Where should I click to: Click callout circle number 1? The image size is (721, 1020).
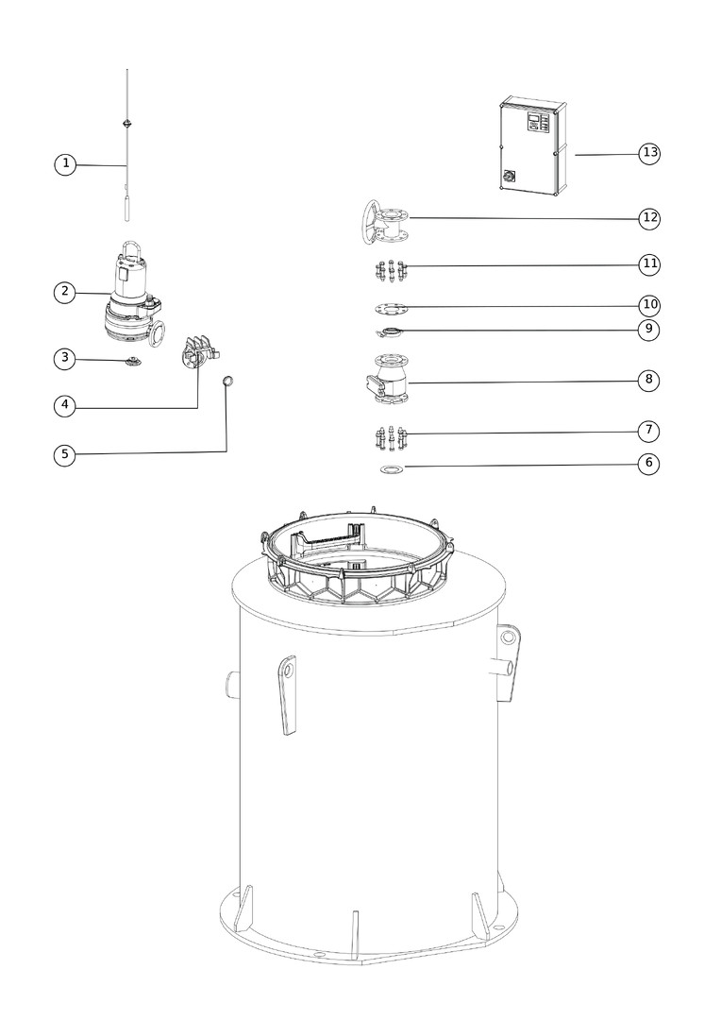[65, 164]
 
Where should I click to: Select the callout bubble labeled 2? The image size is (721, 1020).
[64, 292]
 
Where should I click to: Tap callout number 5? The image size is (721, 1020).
[64, 454]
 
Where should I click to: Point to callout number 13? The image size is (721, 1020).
[649, 153]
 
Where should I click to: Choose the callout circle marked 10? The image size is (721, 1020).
[649, 305]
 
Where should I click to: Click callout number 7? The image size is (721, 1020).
[649, 431]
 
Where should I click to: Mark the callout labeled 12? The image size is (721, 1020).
[649, 218]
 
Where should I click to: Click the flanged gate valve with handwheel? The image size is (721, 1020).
[383, 223]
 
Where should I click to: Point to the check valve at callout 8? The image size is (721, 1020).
[388, 379]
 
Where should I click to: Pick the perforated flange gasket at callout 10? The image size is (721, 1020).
[391, 307]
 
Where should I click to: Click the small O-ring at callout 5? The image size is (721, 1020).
[227, 381]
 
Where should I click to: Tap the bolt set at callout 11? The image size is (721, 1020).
[391, 270]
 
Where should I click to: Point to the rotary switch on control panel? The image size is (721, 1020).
[509, 176]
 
